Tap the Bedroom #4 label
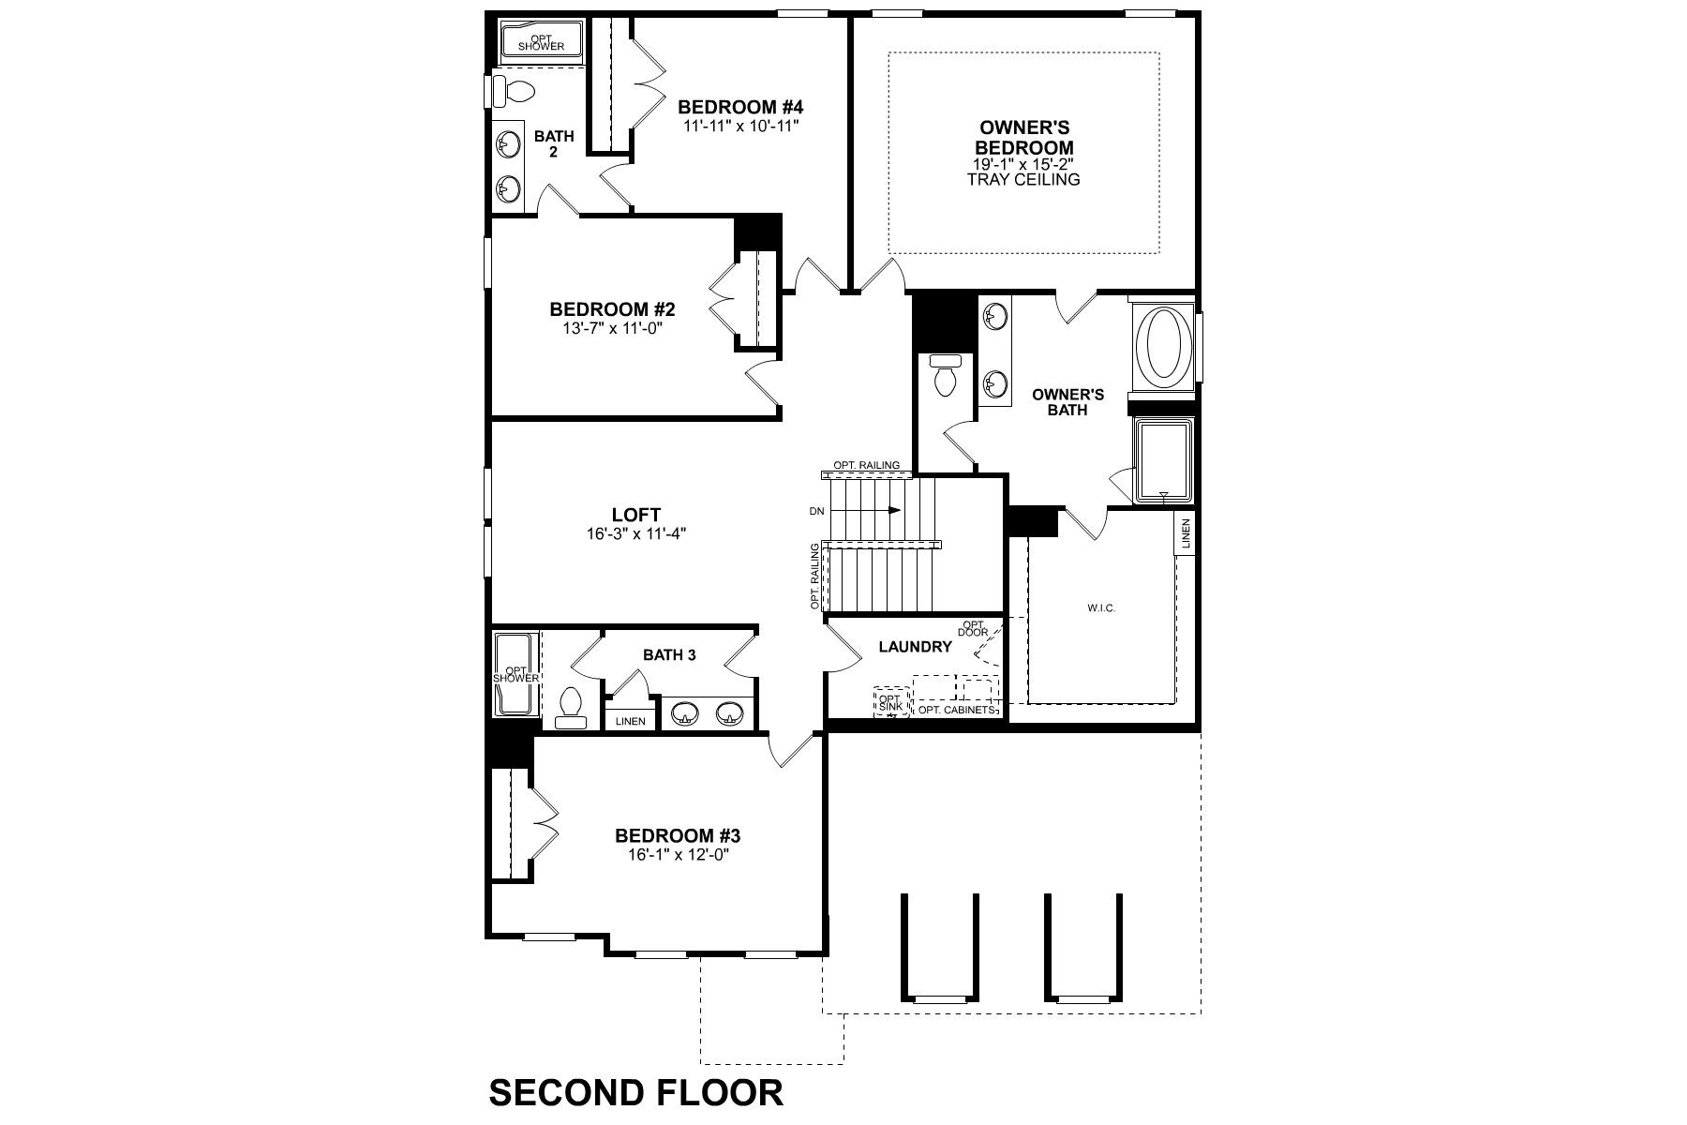coord(741,107)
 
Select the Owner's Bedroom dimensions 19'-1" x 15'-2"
coord(1023,164)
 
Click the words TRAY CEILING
coord(1023,179)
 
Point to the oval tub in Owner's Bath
coord(1164,344)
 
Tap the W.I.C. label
coord(1101,608)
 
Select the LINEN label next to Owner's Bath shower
coord(1185,533)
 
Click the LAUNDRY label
coord(915,647)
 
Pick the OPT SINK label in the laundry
coord(889,702)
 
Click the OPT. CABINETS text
coord(955,711)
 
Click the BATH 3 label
coord(669,655)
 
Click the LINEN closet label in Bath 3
coord(631,721)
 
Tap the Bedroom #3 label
coord(678,835)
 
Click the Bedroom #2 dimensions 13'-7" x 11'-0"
coord(612,328)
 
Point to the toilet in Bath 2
coord(515,92)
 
